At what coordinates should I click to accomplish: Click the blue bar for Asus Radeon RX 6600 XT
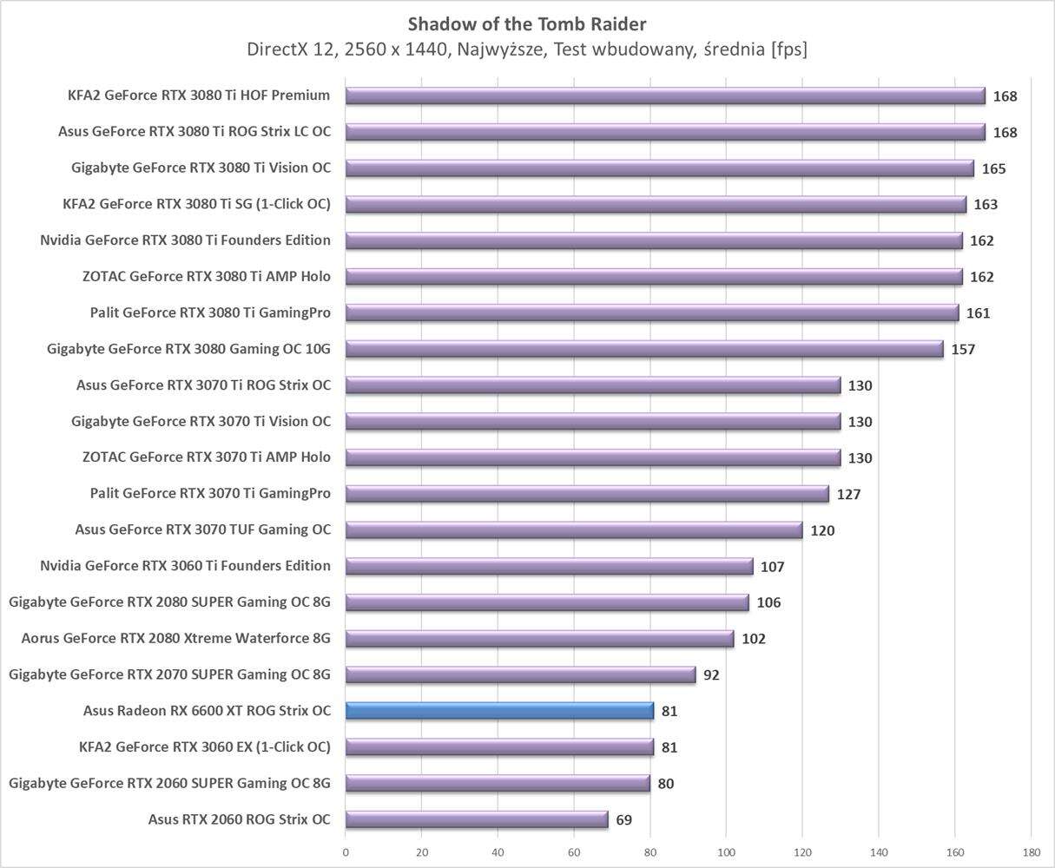[499, 711]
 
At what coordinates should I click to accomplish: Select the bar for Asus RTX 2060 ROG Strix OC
[477, 819]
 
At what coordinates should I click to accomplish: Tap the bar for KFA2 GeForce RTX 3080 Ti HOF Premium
[665, 95]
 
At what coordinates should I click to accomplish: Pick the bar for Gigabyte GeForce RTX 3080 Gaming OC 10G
[644, 349]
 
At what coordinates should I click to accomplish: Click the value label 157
[963, 350]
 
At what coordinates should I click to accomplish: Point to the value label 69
[623, 820]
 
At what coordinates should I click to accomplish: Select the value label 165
[993, 168]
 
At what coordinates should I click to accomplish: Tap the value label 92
[711, 675]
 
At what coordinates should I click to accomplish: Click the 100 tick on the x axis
[726, 852]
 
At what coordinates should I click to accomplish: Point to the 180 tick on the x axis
[1031, 852]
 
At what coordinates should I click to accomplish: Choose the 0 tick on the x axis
[346, 852]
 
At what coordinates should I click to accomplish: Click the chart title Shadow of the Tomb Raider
[527, 23]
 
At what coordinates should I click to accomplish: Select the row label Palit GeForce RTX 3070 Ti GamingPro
[210, 493]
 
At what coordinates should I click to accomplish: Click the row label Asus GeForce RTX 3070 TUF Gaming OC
[202, 529]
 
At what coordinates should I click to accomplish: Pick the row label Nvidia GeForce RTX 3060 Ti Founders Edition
[185, 566]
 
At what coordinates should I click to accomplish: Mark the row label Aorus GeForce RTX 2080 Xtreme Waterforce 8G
[176, 638]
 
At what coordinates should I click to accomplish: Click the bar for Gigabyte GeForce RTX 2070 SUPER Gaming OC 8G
[521, 674]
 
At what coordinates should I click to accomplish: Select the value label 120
[822, 530]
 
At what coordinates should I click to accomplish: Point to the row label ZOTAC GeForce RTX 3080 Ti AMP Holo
[206, 276]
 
